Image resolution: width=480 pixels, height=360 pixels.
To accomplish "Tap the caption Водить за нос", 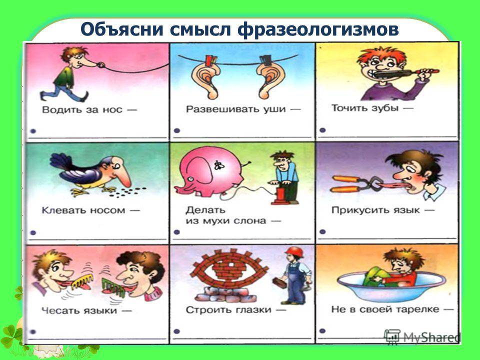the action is pos(82,109).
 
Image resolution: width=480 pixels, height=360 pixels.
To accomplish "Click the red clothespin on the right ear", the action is pos(265,60).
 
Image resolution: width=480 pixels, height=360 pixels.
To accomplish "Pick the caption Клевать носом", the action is pos(83,210).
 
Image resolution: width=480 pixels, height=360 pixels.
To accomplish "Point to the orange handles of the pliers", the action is pos(346,184).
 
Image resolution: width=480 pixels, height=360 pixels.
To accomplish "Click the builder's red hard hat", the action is pos(294,252).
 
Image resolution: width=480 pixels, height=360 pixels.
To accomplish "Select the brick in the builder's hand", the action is pos(279,282).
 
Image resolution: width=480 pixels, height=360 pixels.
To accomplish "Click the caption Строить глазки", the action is pos(228,310).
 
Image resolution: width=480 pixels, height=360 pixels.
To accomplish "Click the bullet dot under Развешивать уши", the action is pos(176,130).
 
